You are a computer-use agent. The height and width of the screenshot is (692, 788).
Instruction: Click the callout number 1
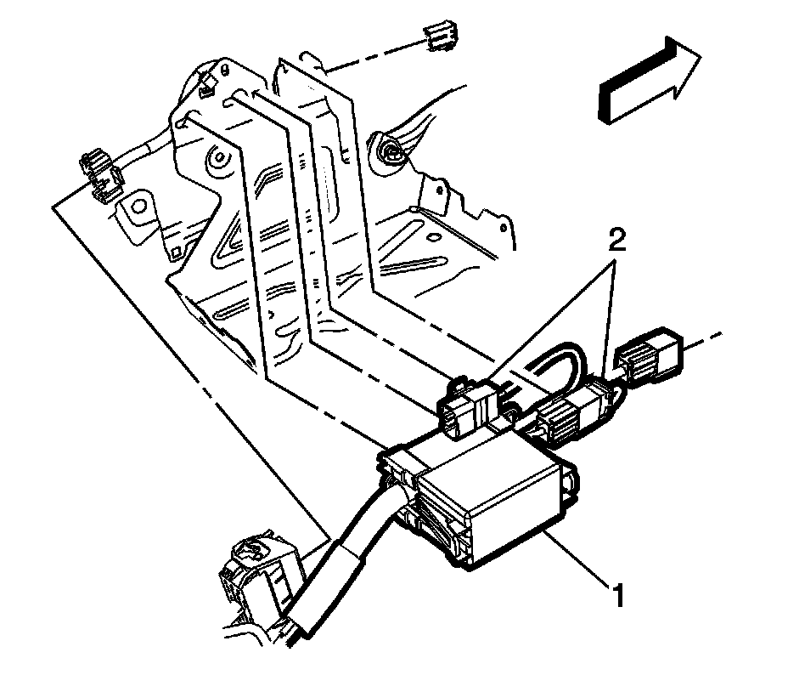tap(617, 594)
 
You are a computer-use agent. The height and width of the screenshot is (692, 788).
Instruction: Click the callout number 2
tap(617, 241)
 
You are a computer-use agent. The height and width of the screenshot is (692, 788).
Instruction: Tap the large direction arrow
tap(649, 80)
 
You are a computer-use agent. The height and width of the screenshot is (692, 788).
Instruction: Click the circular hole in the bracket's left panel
tap(218, 157)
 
